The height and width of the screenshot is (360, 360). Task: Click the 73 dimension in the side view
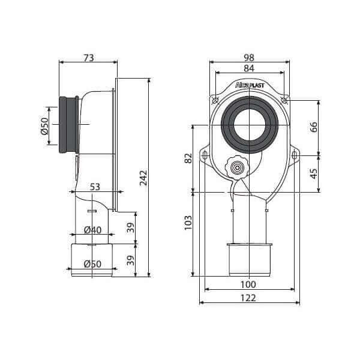pos(88,58)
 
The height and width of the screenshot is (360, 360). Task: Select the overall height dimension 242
pos(143,178)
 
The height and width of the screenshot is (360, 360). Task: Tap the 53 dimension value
pos(95,187)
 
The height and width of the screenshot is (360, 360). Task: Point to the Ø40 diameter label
pos(92,230)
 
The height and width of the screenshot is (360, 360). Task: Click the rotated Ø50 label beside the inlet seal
pos(44,125)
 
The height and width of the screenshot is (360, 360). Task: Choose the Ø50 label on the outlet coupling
pos(92,263)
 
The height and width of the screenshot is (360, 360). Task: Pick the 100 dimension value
pos(248,284)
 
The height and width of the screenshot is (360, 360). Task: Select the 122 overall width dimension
pos(248,298)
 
